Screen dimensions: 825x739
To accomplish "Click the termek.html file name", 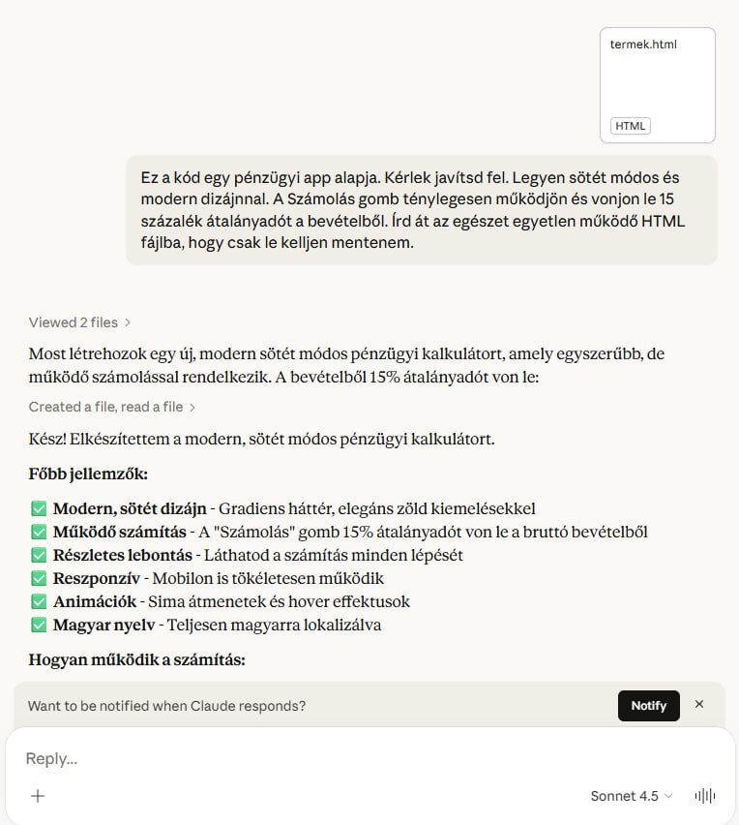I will (x=643, y=45).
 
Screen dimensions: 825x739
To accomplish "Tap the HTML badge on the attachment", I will (x=631, y=126).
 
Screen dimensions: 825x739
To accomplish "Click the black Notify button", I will (x=648, y=705).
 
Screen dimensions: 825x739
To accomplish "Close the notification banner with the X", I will (x=699, y=705).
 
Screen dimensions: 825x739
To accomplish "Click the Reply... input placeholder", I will (x=51, y=758).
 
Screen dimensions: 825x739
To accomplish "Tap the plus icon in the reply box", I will (x=38, y=796).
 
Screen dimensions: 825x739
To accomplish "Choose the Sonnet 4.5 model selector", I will (x=631, y=796).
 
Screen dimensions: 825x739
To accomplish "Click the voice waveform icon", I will (x=704, y=796).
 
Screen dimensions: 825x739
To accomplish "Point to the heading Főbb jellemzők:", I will (x=88, y=474).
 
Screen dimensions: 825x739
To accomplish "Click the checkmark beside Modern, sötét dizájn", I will (x=39, y=508).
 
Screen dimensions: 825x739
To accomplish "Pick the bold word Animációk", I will (x=93, y=601).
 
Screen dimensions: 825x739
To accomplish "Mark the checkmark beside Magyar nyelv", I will (x=39, y=625).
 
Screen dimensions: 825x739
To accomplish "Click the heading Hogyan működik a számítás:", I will (x=137, y=659).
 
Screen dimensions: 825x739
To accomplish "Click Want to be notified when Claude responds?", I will (x=166, y=706).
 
